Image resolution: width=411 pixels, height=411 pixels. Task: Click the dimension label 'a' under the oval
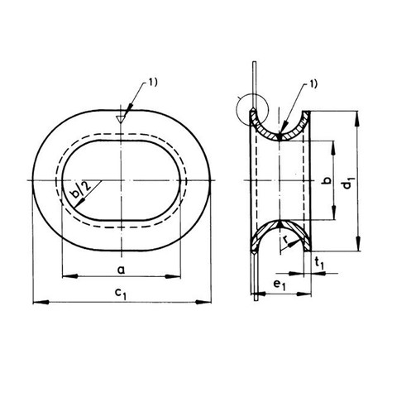(122, 270)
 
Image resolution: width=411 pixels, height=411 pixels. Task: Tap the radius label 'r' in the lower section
(285, 243)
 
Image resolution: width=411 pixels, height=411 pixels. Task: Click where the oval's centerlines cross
(122, 181)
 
